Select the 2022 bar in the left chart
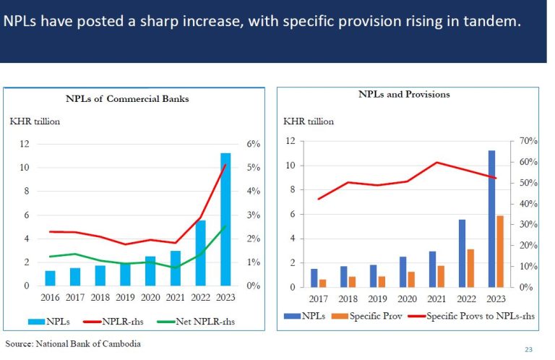(201, 253)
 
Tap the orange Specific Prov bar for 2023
(499, 251)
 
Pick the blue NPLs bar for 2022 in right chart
(462, 253)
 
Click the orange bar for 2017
(322, 283)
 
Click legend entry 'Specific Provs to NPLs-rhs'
(469, 315)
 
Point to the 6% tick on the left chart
(253, 144)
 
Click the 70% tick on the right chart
(520, 141)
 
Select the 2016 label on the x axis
(51, 298)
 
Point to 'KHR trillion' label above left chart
(34, 121)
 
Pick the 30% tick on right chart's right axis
(520, 225)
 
